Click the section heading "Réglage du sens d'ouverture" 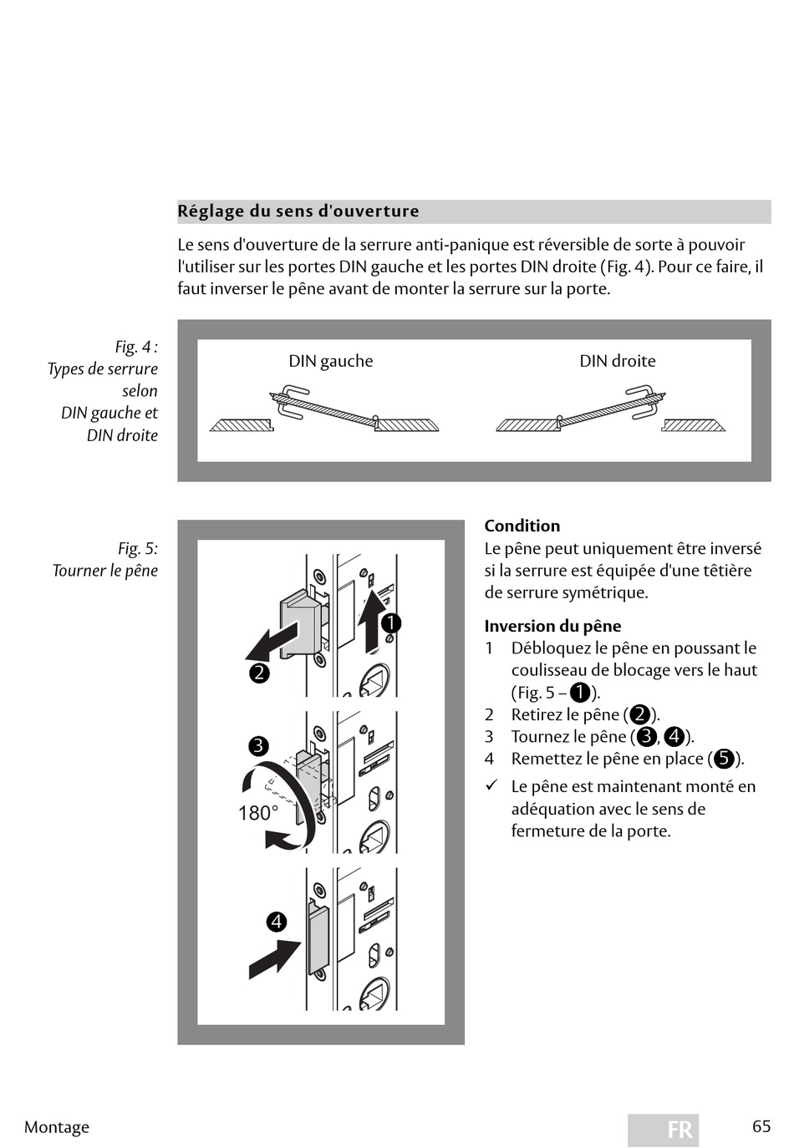298,211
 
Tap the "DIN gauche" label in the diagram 331,361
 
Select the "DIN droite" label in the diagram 618,361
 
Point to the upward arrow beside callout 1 369,621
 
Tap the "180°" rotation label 258,813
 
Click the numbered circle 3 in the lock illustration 258,746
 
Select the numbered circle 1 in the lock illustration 391,623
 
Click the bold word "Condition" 522,526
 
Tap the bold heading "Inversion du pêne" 552,626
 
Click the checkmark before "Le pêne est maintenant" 492,785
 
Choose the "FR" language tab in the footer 664,1130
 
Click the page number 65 761,1126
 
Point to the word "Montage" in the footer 57,1127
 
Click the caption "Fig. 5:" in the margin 138,549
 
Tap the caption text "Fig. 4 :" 136,347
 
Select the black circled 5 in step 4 724,759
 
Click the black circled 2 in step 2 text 640,714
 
